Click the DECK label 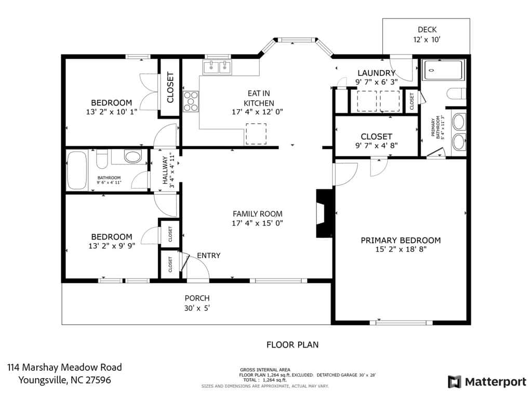click(427, 30)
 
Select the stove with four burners click(191, 101)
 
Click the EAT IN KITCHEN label click(259, 98)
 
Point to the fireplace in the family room click(324, 214)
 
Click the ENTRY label click(209, 256)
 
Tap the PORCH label click(197, 298)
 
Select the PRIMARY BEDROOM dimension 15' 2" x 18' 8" click(401, 249)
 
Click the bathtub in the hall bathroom click(77, 170)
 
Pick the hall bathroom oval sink click(132, 157)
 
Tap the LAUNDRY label click(377, 73)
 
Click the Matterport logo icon click(454, 382)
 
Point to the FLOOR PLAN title click(292, 345)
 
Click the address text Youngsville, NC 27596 click(64, 380)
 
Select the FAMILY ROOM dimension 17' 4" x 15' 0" click(258, 223)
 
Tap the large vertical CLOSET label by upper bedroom click(170, 88)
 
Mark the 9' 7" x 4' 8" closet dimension click(377, 145)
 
